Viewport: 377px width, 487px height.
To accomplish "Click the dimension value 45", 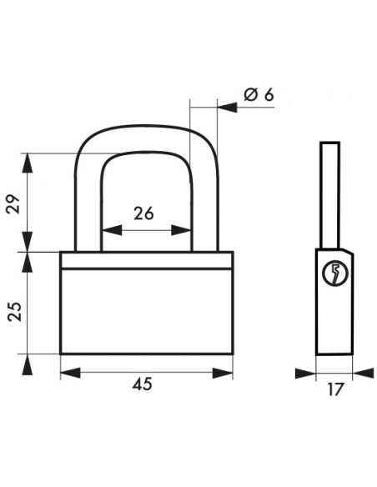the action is point(143,384).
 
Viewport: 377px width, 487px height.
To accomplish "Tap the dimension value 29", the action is point(13,204).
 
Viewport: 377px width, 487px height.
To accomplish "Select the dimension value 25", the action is point(14,312).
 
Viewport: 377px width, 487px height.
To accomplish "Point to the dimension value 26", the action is point(143,213).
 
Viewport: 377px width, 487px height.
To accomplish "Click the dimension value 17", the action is point(335,389).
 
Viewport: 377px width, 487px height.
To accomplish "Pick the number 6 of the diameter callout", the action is point(269,94).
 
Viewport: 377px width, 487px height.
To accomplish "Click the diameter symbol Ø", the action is point(250,94).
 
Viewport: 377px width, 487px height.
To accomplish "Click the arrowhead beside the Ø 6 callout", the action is point(227,108).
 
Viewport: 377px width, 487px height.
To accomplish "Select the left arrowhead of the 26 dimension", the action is point(112,230).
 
